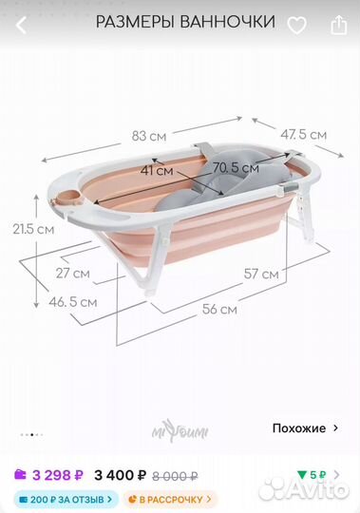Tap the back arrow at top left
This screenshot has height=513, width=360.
[x=21, y=26]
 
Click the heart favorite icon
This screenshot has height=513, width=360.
[x=297, y=26]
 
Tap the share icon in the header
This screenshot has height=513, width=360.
[x=338, y=25]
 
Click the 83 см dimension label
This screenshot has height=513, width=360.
[x=149, y=136]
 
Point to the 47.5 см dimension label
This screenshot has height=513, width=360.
[x=303, y=135]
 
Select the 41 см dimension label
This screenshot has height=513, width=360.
[x=157, y=170]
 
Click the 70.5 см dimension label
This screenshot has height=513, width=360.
[x=236, y=168]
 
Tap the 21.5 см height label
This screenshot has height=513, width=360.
[x=33, y=229]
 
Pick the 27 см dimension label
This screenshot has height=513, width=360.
[x=72, y=274]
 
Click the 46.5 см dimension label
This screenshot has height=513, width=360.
[x=73, y=302]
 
